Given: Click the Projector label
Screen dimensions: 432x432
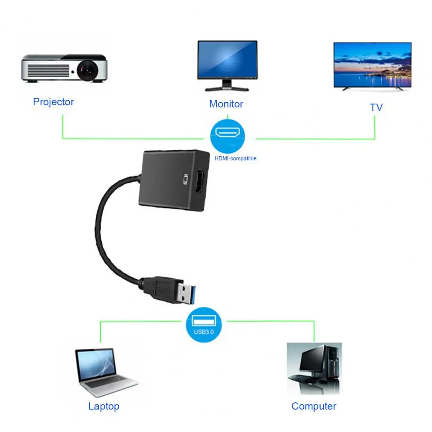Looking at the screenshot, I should [54, 102].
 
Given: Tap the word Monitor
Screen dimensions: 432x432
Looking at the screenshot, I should [226, 104].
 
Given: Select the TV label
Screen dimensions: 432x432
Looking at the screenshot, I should [376, 107].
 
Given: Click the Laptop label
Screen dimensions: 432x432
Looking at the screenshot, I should [104, 406].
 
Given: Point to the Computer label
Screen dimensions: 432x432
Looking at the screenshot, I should [314, 406].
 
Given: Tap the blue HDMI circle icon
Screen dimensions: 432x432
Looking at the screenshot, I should [227, 134].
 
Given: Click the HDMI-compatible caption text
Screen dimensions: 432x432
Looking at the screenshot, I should [236, 158].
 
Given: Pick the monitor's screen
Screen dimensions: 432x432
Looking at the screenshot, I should [227, 60].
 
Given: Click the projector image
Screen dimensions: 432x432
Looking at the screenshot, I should [65, 68].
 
